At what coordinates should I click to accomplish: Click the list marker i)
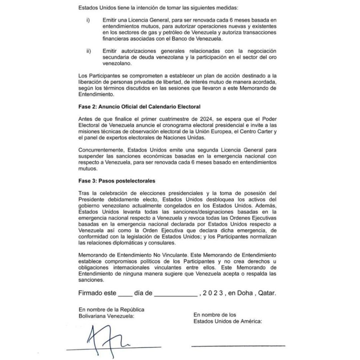coord(88,21)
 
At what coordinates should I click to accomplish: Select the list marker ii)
coord(89,51)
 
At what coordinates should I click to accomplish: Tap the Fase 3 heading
coord(117,181)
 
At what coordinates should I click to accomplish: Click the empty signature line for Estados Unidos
coord(238,346)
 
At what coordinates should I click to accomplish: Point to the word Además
coord(267,206)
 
